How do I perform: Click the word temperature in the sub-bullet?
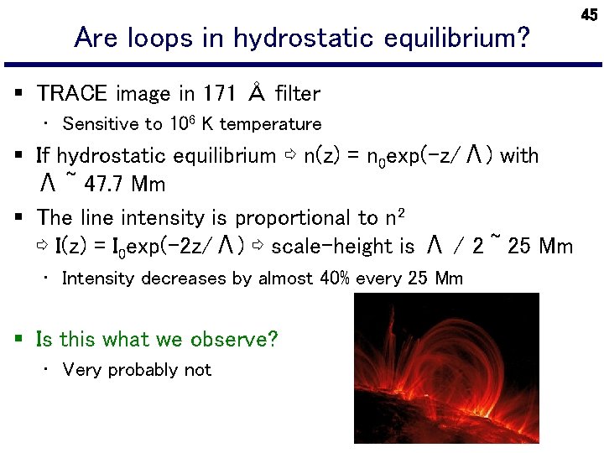270,124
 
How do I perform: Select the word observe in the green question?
233,340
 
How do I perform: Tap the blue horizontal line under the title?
302,65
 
